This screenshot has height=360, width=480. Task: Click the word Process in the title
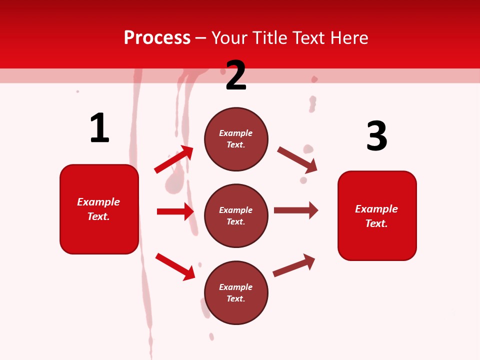pyautogui.click(x=157, y=38)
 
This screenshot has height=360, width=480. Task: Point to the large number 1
pyautogui.click(x=99, y=128)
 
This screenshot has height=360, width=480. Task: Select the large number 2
pyautogui.click(x=236, y=75)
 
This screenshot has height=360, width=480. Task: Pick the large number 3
pyautogui.click(x=376, y=136)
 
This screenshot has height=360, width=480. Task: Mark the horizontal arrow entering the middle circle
pyautogui.click(x=175, y=211)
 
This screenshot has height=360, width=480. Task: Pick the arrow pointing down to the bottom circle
pyautogui.click(x=175, y=266)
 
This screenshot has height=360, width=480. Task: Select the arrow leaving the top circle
pyautogui.click(x=297, y=159)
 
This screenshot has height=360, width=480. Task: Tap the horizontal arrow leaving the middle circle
pyautogui.click(x=296, y=210)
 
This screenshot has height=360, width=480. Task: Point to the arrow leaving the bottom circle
pyautogui.click(x=294, y=265)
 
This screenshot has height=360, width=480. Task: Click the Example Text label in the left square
pyautogui.click(x=98, y=209)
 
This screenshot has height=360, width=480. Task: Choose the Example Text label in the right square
pyautogui.click(x=376, y=216)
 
